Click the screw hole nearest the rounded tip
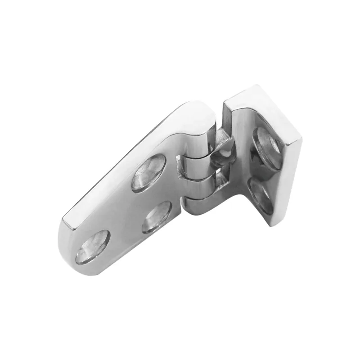pos(93,247)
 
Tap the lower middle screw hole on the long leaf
pos(156,217)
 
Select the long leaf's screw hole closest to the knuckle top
pos(148,172)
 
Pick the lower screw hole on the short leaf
pos(261,194)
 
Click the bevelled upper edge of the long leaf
pos(121,162)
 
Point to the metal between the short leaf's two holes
pos(263,173)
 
